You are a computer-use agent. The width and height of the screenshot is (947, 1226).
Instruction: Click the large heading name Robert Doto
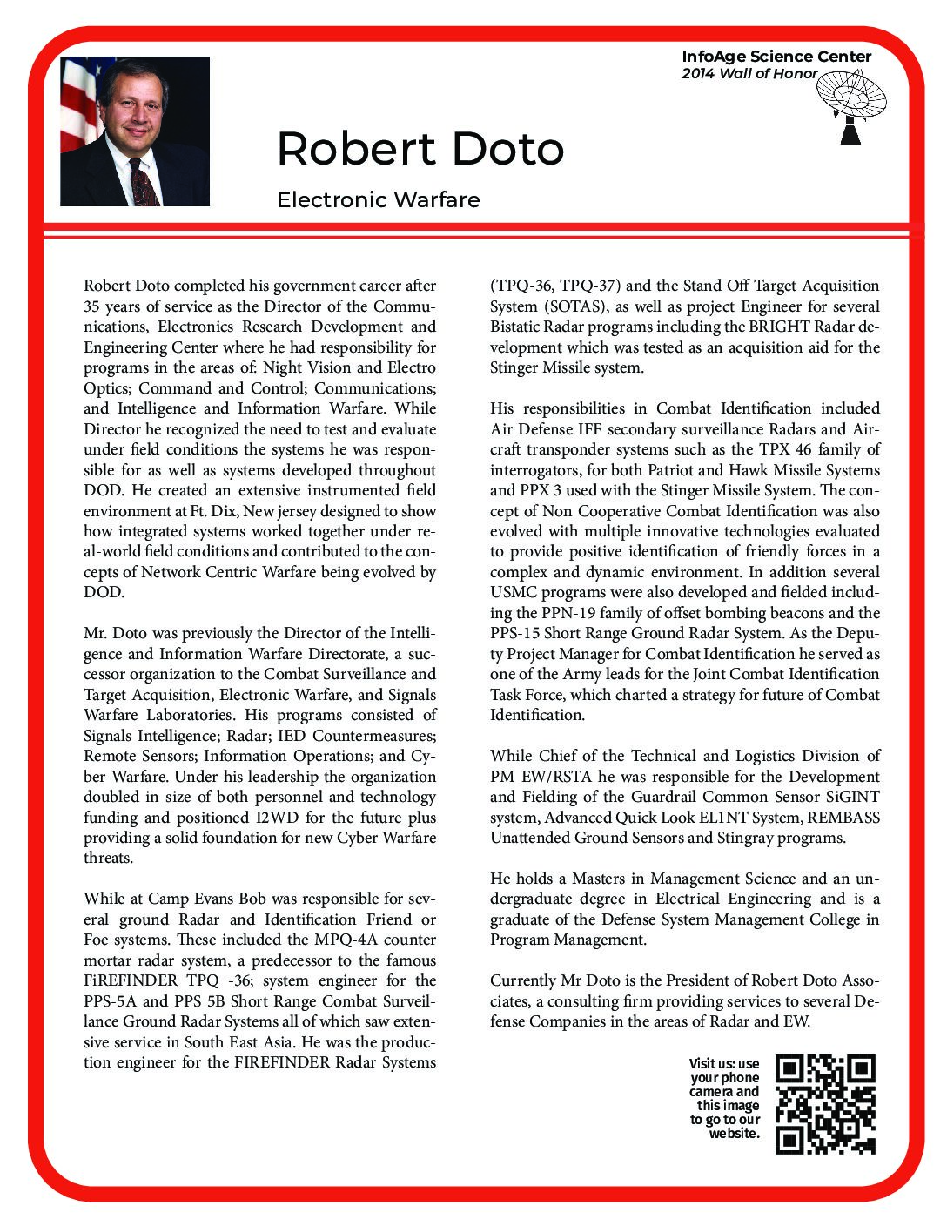(420, 149)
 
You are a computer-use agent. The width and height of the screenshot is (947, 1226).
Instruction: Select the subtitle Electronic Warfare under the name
(378, 200)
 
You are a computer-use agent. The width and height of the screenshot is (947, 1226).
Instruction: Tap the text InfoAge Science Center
(776, 57)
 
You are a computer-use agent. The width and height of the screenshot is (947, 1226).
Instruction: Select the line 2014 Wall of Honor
(749, 74)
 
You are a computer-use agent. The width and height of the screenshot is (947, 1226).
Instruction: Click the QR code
(825, 1104)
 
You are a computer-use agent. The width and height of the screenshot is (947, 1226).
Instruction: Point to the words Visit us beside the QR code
(712, 1063)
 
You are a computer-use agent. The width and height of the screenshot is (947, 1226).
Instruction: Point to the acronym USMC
(514, 592)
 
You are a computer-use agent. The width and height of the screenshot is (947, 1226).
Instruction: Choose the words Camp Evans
(179, 899)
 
